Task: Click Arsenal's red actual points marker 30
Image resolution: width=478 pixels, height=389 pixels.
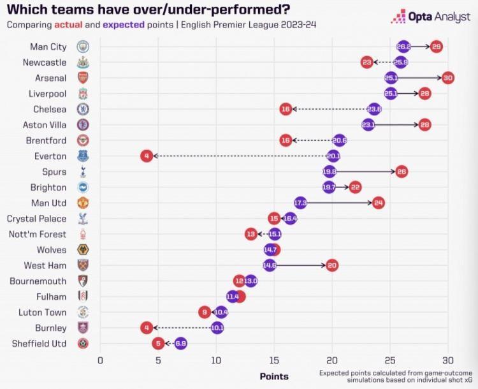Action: coord(447,78)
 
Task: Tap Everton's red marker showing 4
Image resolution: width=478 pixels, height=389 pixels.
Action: coord(147,156)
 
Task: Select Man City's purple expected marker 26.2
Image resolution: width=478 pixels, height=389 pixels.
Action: coord(403,47)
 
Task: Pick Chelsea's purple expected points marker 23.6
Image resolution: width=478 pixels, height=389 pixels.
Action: coord(374,109)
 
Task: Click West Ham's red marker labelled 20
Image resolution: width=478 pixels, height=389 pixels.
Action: coord(331,265)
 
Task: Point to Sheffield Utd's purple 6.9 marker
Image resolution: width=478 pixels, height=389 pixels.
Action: coord(180,343)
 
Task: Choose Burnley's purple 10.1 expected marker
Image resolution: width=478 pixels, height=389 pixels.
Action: coord(217,328)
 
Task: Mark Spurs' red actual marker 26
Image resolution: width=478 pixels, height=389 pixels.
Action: coord(401,172)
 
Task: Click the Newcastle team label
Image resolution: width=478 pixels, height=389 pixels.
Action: coord(44,62)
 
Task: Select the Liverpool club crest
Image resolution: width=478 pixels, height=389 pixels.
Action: coord(83,94)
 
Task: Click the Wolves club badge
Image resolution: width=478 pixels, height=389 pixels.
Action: coord(83,249)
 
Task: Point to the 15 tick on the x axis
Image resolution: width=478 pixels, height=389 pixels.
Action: coord(273,360)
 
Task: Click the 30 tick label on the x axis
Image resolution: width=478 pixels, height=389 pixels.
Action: coord(447,360)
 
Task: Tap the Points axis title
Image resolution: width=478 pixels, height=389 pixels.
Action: coord(274,376)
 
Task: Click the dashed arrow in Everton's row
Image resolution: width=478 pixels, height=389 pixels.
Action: coord(239,156)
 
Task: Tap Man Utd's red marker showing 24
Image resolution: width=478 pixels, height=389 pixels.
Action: coord(378,203)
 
